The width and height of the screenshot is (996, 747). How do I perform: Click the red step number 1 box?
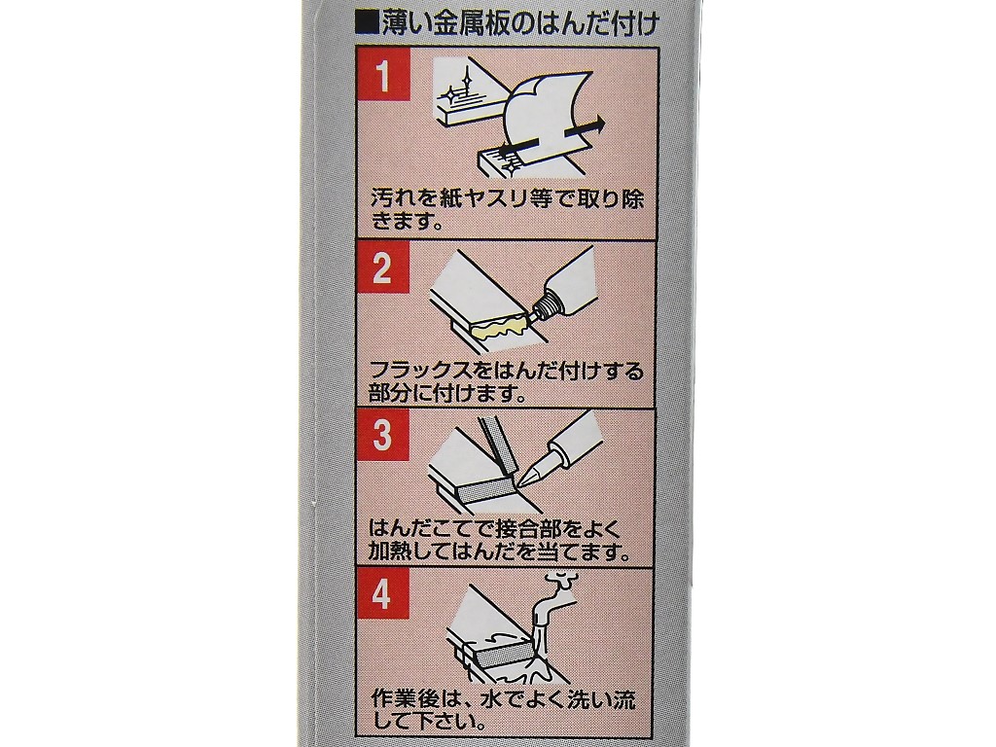(x=382, y=76)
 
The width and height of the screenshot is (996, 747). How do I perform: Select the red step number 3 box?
(x=382, y=436)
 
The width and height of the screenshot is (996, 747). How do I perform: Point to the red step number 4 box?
(x=382, y=595)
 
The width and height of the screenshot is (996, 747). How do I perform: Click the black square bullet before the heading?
(x=369, y=23)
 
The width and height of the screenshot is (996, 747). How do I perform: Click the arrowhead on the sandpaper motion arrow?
(x=596, y=125)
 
